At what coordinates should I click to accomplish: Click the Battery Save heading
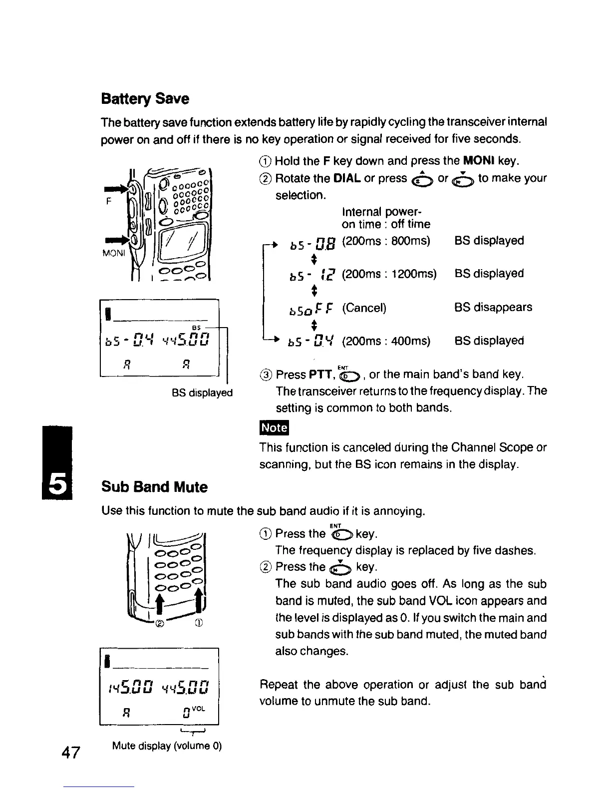pos(145,99)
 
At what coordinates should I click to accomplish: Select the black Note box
pos(274,428)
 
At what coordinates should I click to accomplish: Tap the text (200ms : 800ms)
pos(386,241)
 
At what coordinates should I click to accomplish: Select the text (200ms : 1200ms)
pos(389,274)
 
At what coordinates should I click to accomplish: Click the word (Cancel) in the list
pos(364,308)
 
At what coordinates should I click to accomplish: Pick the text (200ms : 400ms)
pos(386,341)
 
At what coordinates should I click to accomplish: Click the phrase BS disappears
pos(493,307)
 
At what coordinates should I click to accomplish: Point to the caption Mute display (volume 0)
pos(167,746)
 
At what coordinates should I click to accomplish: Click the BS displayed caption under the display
pos(202,393)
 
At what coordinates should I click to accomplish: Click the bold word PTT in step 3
pos(317,375)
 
